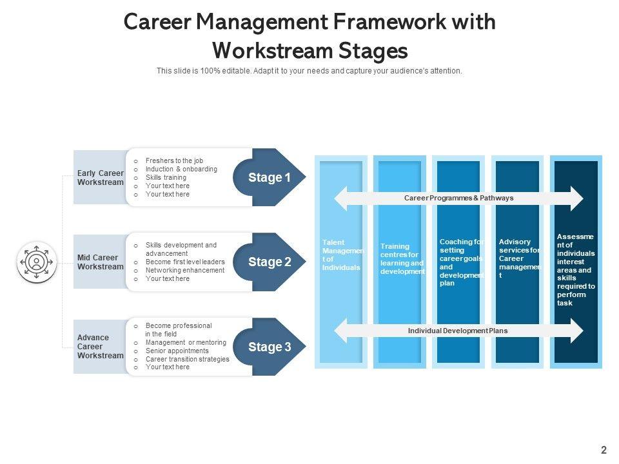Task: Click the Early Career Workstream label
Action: (x=100, y=178)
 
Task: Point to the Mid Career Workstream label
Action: (x=100, y=262)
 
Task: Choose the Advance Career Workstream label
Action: (x=100, y=347)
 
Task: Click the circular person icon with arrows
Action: (x=37, y=262)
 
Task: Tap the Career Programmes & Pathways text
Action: (x=458, y=198)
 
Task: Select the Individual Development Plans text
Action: (x=458, y=331)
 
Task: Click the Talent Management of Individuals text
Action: (x=342, y=255)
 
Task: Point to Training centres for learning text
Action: (x=402, y=259)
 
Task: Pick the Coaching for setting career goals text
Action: (x=461, y=262)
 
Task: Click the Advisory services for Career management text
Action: (x=520, y=258)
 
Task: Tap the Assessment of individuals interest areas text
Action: (x=576, y=270)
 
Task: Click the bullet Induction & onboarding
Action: (x=181, y=169)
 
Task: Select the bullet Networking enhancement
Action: (x=185, y=271)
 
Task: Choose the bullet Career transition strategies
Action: (x=187, y=359)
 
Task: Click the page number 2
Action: (x=604, y=450)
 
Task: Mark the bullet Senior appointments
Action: (x=177, y=351)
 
